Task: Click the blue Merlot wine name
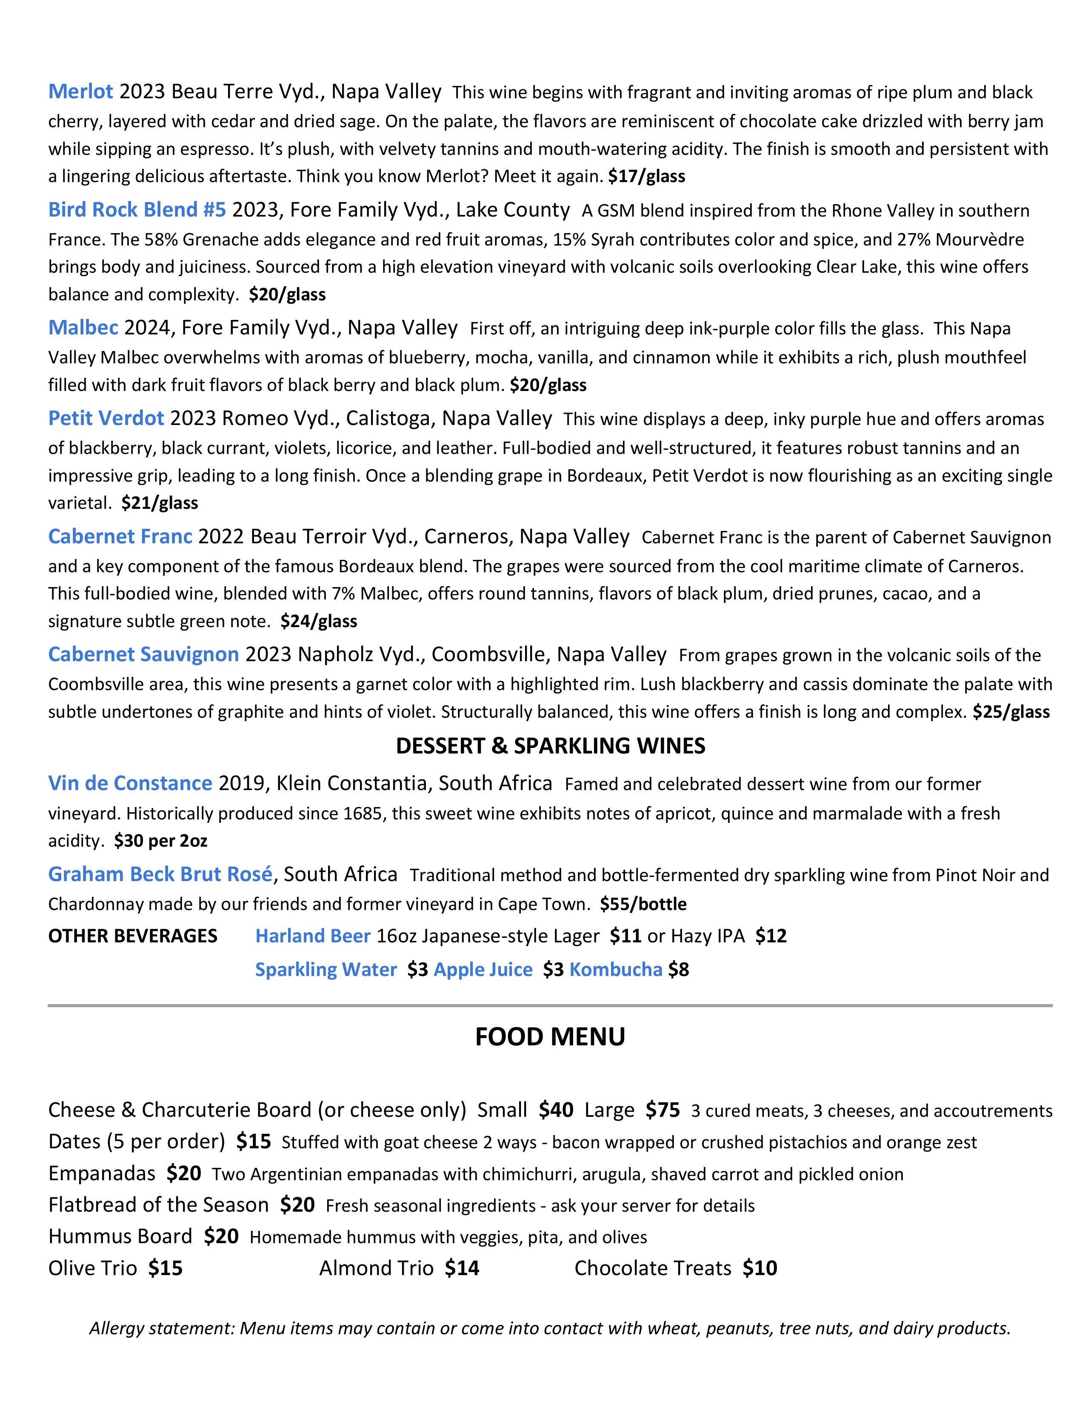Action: [x=80, y=92]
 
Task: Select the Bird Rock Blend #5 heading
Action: [x=137, y=210]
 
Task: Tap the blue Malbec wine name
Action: [x=83, y=328]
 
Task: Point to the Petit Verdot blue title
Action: [x=106, y=419]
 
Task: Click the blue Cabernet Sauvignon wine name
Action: [x=143, y=654]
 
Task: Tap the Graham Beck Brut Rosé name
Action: [x=160, y=874]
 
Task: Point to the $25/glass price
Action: [x=1011, y=712]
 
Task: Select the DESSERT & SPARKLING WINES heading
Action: [x=550, y=746]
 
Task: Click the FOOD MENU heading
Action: [x=550, y=1037]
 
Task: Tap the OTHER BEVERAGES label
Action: [x=132, y=936]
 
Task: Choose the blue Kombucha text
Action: [x=615, y=970]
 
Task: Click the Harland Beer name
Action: [x=312, y=936]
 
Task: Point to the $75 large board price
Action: [x=662, y=1110]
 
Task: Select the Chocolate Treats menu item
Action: [x=652, y=1268]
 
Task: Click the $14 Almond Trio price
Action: [x=462, y=1268]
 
